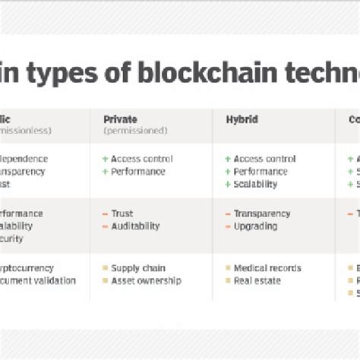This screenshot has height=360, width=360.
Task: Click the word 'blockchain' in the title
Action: click(x=204, y=76)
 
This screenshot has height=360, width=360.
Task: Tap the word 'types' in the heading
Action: click(x=74, y=76)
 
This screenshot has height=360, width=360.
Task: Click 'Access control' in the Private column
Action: click(x=141, y=159)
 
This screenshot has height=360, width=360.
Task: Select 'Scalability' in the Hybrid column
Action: click(x=257, y=183)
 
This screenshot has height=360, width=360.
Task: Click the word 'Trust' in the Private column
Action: click(x=122, y=214)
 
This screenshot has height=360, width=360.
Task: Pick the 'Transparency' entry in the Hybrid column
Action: click(x=262, y=214)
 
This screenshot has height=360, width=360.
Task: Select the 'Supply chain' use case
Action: click(x=138, y=268)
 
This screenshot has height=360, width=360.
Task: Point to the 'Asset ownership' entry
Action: click(x=146, y=280)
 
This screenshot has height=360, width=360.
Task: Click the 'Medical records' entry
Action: click(x=267, y=268)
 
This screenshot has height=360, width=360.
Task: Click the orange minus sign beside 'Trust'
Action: click(x=105, y=214)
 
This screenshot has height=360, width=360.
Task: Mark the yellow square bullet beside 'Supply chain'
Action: click(x=105, y=268)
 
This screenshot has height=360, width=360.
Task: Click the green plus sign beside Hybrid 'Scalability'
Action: click(x=227, y=183)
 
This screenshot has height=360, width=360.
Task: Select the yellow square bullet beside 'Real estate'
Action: click(x=227, y=280)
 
